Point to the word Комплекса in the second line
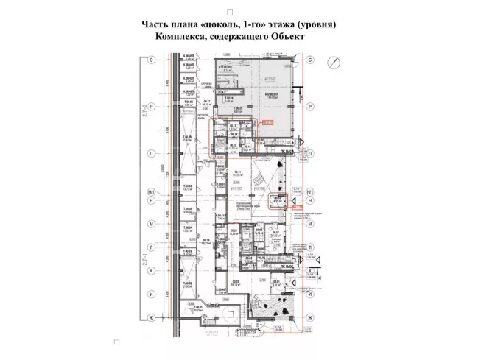184,36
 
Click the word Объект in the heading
289,36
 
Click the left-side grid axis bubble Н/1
152,193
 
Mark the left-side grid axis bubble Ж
152,317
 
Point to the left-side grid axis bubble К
152,269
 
